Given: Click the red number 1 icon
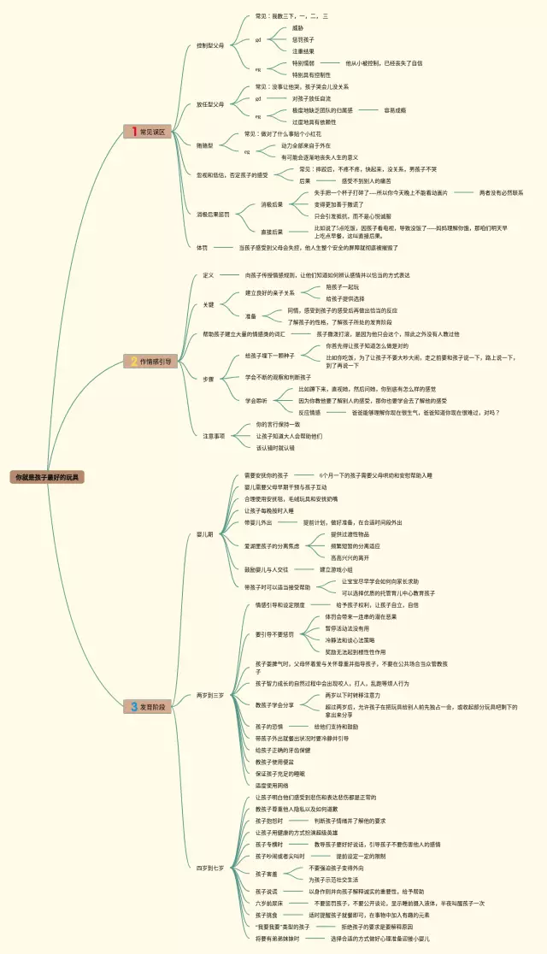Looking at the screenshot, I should [x=133, y=132].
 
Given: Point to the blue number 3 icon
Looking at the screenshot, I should [x=134, y=707].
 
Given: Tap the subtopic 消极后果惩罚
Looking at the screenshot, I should [x=213, y=214].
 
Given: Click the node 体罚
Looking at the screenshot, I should [x=202, y=247].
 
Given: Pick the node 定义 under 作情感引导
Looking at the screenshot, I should [x=209, y=275].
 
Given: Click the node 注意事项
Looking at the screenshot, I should [x=214, y=436].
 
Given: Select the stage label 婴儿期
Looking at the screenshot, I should [x=204, y=534].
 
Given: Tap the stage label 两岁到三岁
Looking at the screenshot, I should [x=209, y=695].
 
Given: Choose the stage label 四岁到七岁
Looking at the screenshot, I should [x=209, y=868].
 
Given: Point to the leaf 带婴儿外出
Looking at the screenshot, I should [x=258, y=522].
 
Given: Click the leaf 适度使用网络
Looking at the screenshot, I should [x=273, y=785].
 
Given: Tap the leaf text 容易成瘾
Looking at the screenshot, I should [x=395, y=110].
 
